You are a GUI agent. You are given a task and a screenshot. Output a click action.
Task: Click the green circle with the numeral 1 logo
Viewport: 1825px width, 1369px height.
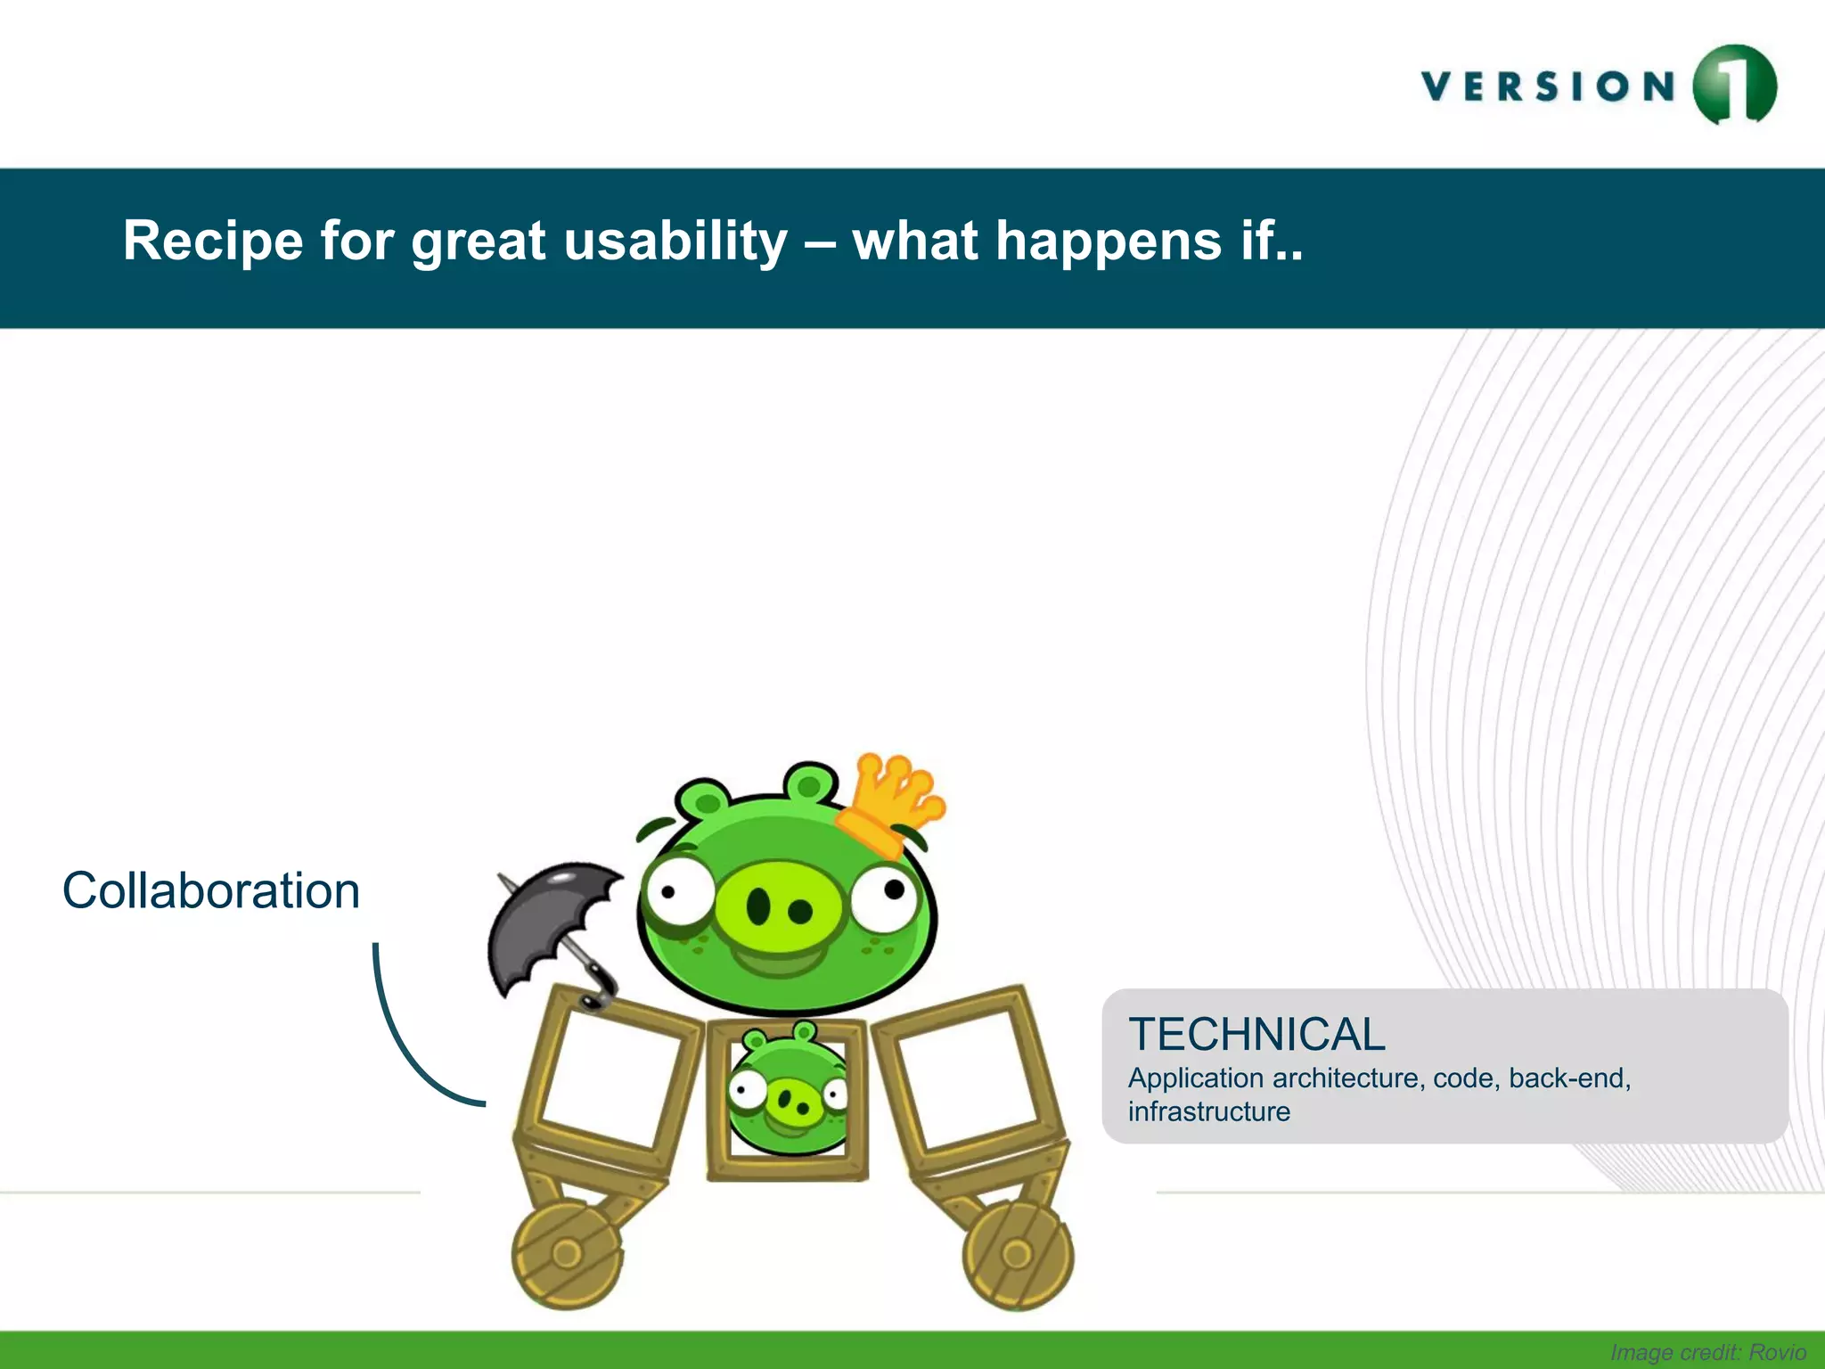coord(1734,85)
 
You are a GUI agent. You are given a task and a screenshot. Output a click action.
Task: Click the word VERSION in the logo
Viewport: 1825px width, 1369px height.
coord(1549,86)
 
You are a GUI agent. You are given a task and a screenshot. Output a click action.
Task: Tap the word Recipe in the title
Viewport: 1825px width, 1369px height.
coord(213,241)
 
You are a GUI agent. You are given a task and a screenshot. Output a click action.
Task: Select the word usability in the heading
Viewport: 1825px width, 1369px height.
coord(675,242)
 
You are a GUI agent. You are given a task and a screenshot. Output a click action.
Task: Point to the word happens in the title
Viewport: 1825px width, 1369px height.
coord(1108,242)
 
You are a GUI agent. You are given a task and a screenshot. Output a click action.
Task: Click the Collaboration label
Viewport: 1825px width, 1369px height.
coord(211,890)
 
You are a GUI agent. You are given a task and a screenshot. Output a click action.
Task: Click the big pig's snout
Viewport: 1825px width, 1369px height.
coord(777,907)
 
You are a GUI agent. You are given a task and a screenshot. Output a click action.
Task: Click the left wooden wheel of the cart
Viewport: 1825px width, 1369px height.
coord(567,1254)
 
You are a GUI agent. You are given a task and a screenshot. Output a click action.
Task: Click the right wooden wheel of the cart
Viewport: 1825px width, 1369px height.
coord(1018,1255)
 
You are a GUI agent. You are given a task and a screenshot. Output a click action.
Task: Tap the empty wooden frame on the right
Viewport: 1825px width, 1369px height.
coord(970,1078)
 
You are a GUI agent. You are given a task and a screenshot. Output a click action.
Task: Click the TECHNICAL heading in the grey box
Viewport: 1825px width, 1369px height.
coord(1256,1035)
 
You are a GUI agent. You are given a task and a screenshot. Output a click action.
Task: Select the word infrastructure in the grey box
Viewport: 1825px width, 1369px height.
coord(1208,1112)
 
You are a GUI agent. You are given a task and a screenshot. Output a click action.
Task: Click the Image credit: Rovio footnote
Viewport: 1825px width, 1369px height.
coord(1707,1352)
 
